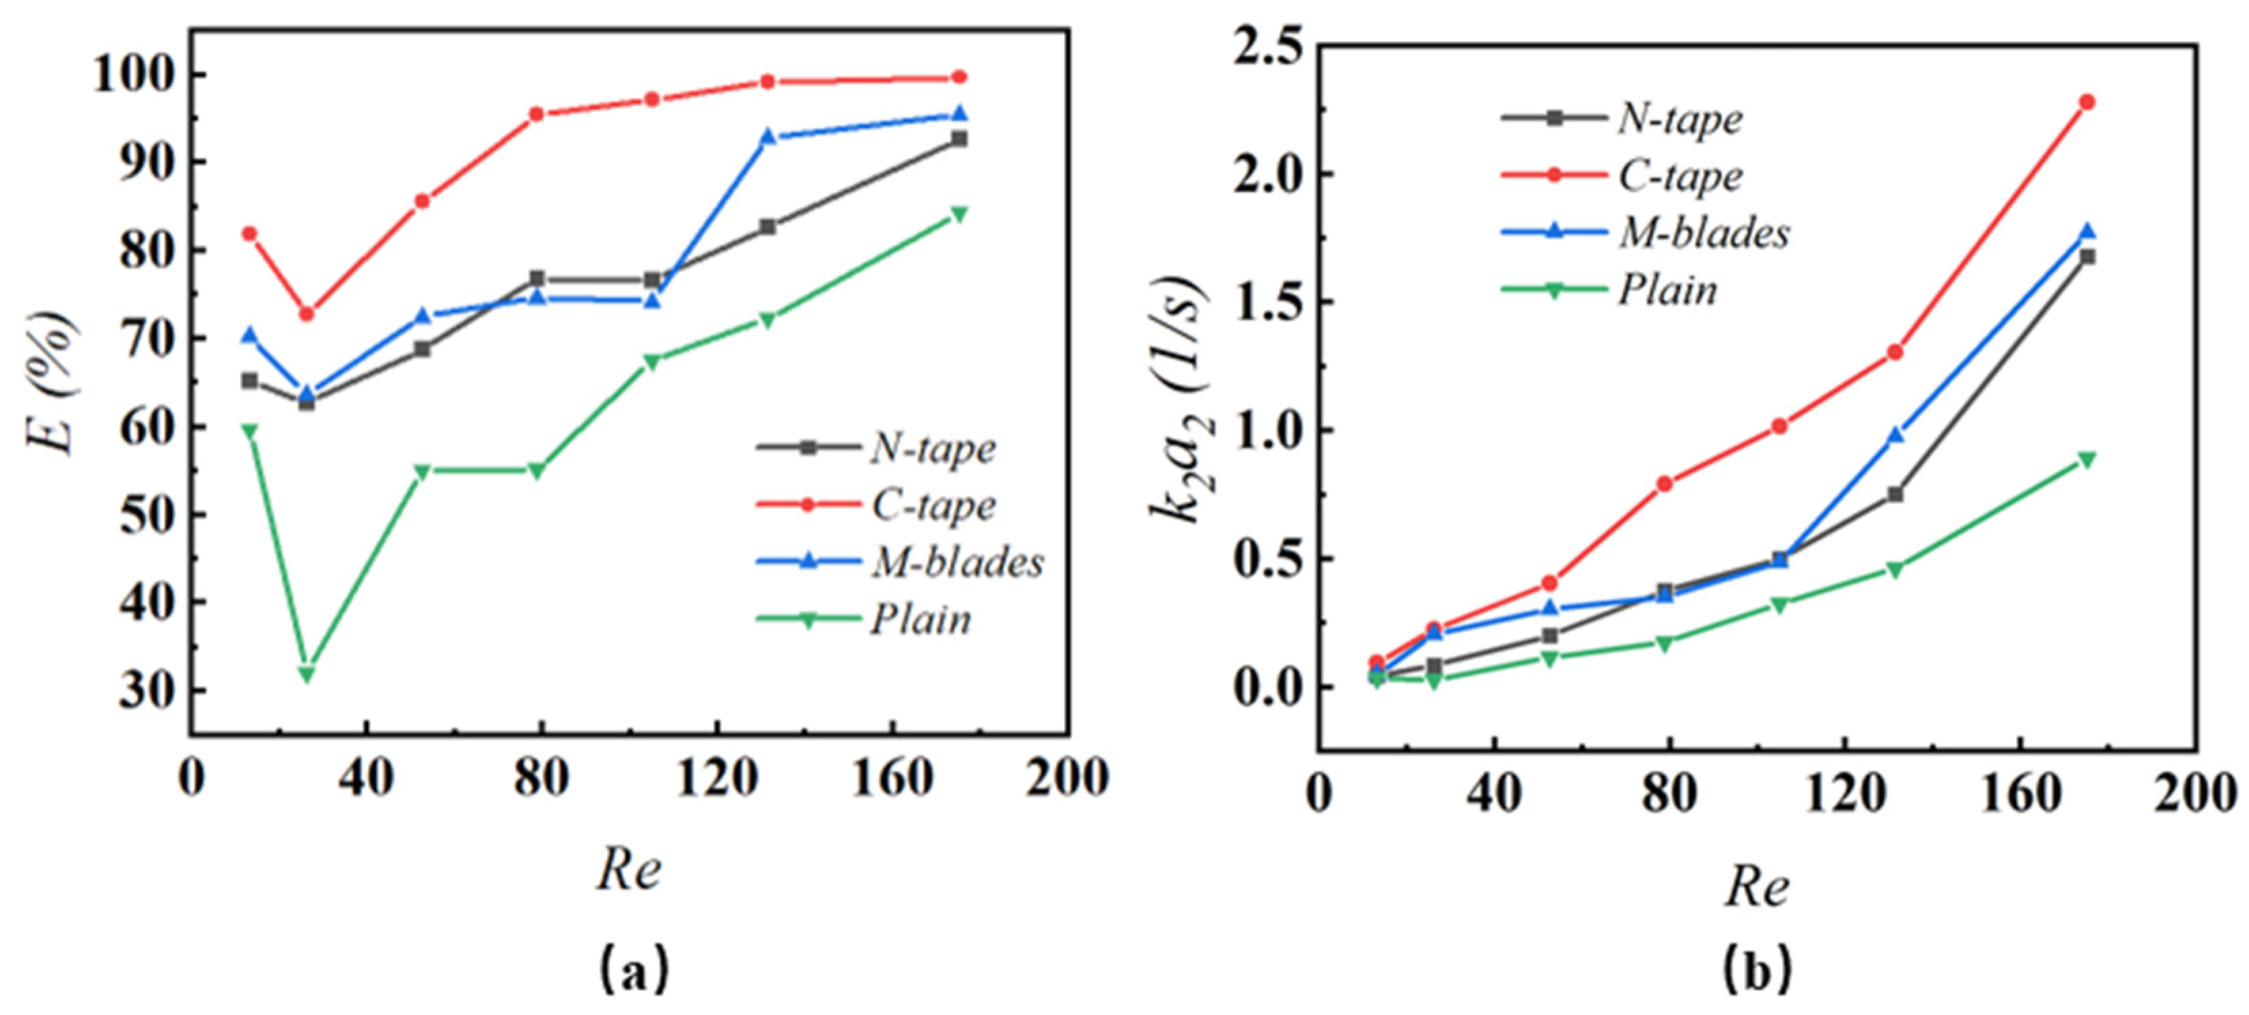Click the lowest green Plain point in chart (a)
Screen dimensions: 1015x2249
click(307, 673)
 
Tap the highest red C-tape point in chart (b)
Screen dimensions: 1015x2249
click(2087, 102)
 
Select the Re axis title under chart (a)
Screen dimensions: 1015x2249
click(629, 871)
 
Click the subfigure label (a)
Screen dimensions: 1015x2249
click(633, 968)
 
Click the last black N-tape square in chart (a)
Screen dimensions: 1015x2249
click(959, 138)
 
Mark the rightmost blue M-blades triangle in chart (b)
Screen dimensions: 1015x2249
click(2087, 231)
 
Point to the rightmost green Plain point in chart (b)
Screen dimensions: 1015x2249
click(2087, 459)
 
